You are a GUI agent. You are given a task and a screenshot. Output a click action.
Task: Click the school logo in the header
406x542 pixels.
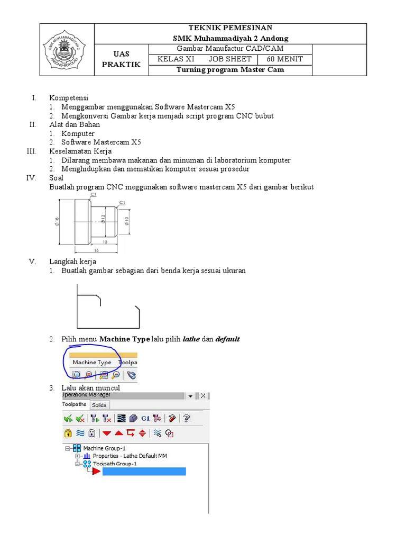(x=68, y=49)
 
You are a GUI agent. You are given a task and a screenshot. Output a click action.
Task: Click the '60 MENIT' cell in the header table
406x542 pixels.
(x=284, y=59)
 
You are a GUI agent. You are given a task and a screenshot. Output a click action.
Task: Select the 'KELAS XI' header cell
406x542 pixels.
(x=176, y=59)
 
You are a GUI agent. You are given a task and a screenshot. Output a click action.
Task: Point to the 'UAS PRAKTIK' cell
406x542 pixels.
(x=122, y=59)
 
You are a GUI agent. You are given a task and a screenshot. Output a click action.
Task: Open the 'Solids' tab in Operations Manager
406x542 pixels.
(x=98, y=405)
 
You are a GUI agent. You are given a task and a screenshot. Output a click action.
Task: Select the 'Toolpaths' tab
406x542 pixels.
(x=75, y=404)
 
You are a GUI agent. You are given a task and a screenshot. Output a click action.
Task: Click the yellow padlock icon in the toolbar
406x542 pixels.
(x=68, y=433)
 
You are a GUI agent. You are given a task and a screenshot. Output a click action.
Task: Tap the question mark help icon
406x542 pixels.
(x=186, y=418)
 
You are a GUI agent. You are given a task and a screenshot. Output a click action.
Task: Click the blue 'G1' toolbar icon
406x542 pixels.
(x=145, y=418)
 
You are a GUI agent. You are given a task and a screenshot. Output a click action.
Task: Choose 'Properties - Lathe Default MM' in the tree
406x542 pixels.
(x=130, y=456)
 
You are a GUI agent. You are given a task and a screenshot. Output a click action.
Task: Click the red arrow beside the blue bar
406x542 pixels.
(x=96, y=471)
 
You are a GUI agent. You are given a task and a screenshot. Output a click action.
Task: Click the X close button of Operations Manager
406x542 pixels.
(x=203, y=395)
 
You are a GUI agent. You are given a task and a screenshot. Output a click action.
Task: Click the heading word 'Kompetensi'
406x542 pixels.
(x=69, y=98)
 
